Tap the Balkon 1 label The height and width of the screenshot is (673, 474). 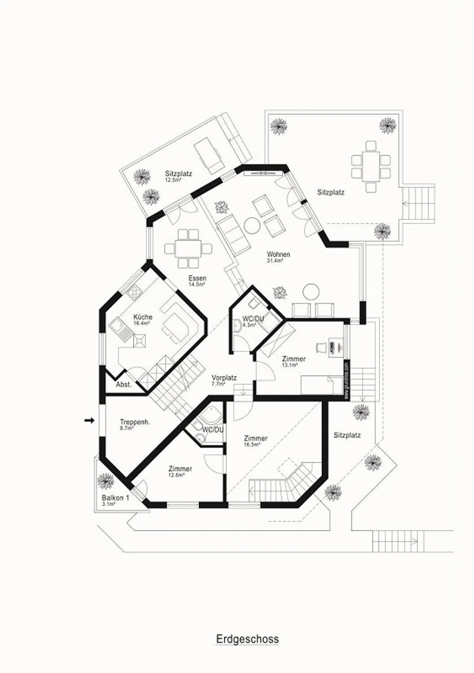click(x=115, y=498)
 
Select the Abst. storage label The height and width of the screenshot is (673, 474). click(x=124, y=385)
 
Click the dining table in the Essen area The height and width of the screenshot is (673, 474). click(x=188, y=249)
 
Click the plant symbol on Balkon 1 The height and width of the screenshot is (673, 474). click(x=106, y=481)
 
